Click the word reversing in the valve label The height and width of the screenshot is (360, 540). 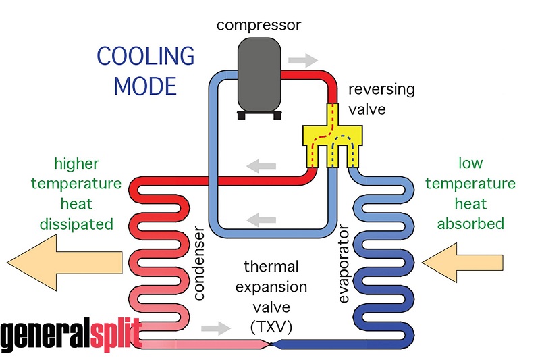coord(381,89)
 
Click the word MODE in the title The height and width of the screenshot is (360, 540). coord(145,86)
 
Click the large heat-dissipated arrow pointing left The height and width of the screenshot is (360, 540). coord(64,261)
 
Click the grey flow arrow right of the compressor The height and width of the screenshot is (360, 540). coord(306,59)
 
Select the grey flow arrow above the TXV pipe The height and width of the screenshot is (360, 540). coord(219,328)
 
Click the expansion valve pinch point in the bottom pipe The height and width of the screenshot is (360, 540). coord(271,344)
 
